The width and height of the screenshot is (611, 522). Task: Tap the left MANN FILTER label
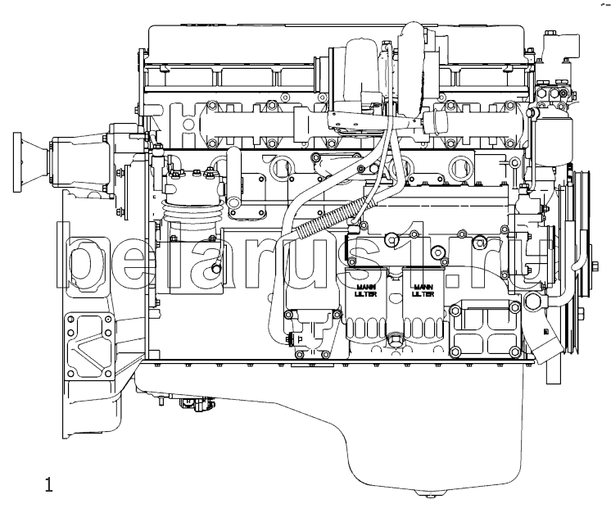click(x=366, y=290)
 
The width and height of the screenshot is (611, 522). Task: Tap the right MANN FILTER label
click(x=423, y=290)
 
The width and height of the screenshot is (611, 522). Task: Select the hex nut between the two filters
click(x=395, y=338)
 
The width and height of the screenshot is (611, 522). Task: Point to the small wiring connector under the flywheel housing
click(x=196, y=404)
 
